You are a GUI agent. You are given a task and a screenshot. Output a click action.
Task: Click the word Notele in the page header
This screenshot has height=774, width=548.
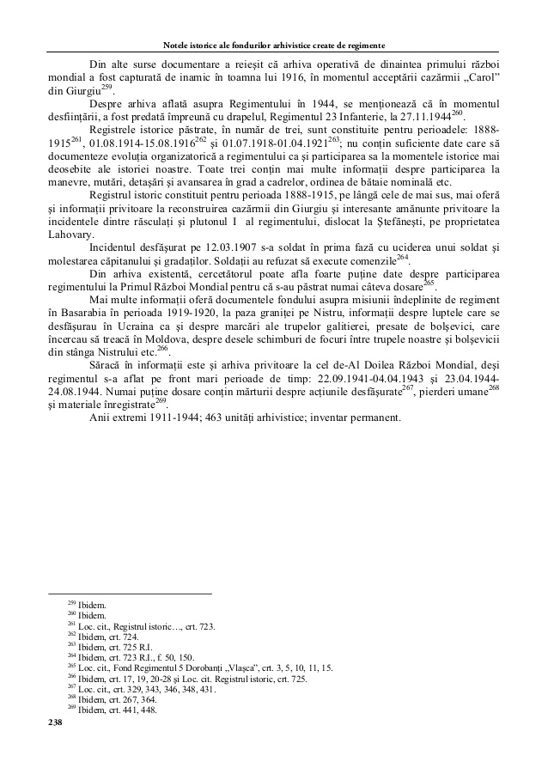(x=176, y=44)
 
